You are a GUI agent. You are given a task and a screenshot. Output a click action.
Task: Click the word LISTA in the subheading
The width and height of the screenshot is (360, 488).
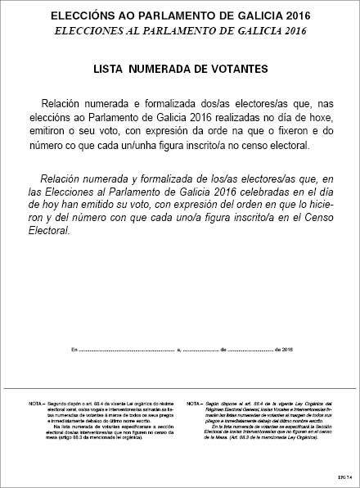[x=110, y=70]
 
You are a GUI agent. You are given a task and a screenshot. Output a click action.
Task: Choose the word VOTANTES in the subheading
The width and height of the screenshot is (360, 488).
[x=236, y=70]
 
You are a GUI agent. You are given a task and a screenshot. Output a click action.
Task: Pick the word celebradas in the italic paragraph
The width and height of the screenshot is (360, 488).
[x=252, y=192]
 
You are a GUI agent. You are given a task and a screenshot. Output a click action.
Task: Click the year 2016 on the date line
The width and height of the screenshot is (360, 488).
[x=286, y=349]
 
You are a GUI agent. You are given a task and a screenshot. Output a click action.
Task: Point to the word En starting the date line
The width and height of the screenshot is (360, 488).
[x=74, y=349]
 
